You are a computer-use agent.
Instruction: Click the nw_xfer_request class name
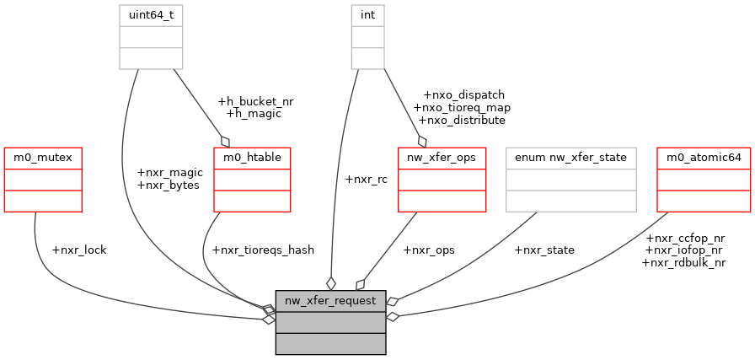click(x=330, y=300)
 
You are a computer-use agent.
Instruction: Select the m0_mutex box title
click(x=43, y=158)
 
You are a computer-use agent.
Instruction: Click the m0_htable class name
click(x=252, y=158)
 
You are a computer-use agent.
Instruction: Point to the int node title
click(x=367, y=16)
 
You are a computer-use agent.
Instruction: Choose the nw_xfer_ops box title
click(x=442, y=158)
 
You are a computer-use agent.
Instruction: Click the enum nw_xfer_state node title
click(x=570, y=158)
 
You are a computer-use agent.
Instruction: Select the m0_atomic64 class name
click(x=704, y=158)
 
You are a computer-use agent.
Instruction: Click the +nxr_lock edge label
click(x=79, y=250)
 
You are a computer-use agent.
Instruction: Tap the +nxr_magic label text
click(x=169, y=173)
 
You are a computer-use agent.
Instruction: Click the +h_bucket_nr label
click(x=255, y=101)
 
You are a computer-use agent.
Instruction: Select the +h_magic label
click(x=254, y=113)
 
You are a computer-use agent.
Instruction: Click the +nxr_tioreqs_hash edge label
click(x=263, y=250)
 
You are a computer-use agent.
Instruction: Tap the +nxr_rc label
click(x=367, y=179)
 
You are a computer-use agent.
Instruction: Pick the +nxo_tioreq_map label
click(x=462, y=108)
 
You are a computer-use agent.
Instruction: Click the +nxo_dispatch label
click(x=463, y=95)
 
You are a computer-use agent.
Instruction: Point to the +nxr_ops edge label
click(x=429, y=250)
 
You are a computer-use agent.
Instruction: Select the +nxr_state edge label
click(x=544, y=250)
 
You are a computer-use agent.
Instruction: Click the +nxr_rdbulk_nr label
click(x=683, y=262)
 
